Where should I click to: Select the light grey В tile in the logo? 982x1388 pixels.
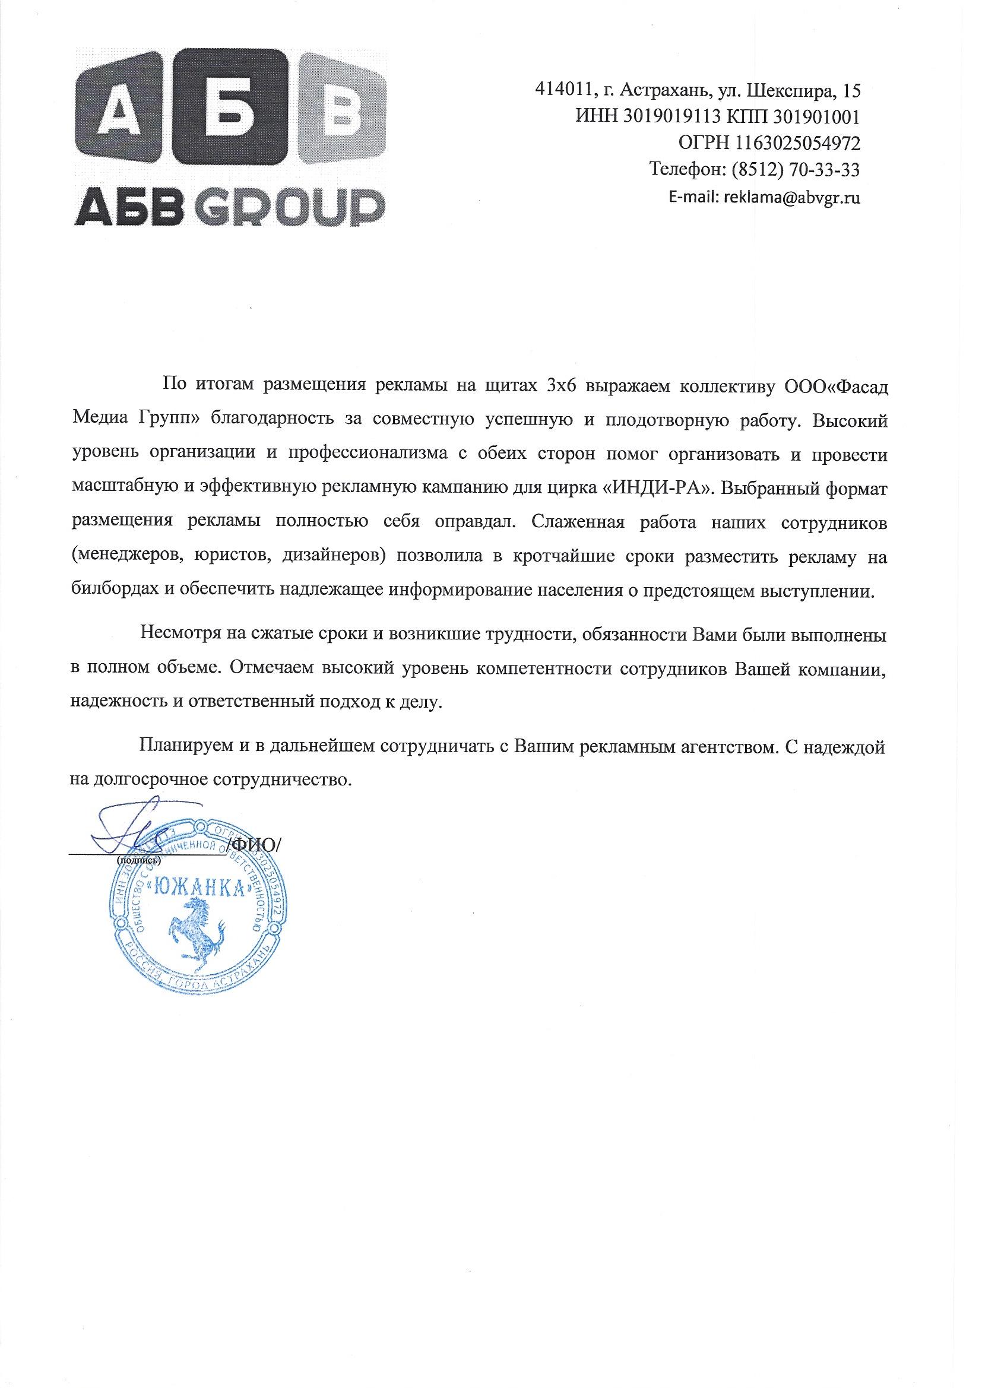point(342,109)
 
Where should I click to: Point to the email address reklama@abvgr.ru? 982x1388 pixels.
point(791,198)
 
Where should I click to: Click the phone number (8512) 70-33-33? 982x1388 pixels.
point(796,170)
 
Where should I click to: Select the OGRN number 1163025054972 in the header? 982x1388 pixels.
point(797,143)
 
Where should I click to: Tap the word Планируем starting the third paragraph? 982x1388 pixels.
point(185,748)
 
